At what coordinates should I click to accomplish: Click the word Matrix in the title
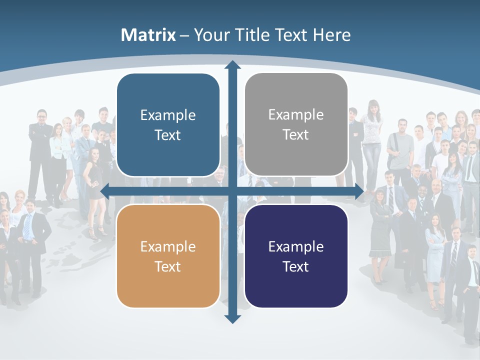148,35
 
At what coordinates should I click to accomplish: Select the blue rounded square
168,125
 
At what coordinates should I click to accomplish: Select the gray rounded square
296,124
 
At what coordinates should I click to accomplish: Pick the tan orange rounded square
168,256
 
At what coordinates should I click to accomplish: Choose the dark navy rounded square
296,256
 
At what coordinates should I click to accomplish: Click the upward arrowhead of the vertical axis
232,65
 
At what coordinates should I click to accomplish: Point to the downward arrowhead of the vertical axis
232,318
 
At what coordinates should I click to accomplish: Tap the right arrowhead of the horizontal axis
358,191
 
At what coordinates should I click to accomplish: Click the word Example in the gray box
296,114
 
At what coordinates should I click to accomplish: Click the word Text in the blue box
168,135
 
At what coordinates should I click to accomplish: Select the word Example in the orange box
168,246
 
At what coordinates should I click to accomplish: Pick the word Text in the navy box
296,266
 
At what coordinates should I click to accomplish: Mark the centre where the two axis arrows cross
232,191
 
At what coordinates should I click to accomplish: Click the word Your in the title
210,35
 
